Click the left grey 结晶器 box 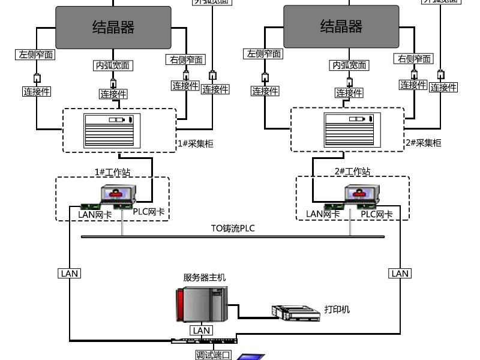113,27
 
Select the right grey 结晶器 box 341,27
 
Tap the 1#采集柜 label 195,143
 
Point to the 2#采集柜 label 423,143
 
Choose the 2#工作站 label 352,172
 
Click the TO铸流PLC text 233,228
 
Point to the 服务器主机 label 205,278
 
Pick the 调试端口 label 214,355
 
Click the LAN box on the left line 69,274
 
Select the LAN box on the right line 400,274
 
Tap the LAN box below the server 202,331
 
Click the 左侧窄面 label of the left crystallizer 36,55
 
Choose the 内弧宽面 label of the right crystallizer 349,65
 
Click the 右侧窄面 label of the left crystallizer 185,59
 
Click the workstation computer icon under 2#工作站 360,196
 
